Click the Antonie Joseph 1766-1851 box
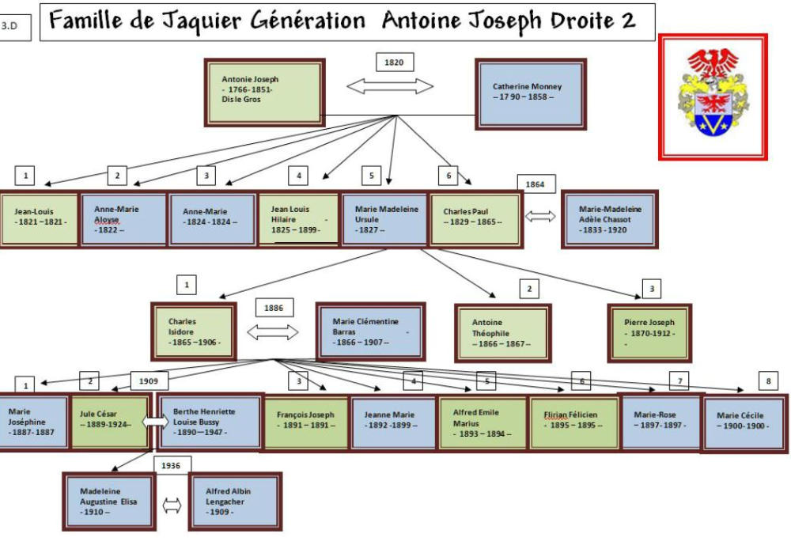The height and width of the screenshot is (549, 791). coord(264,92)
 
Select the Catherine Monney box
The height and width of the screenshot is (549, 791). coord(530,92)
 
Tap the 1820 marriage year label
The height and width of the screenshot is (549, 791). coord(394,62)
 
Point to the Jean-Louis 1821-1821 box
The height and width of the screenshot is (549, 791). coord(39,218)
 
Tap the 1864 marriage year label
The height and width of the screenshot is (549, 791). coord(536,184)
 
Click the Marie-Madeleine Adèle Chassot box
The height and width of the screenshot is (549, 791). coord(609,219)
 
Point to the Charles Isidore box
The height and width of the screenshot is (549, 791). coord(195,332)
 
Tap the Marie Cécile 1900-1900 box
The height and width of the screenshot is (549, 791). coord(743,425)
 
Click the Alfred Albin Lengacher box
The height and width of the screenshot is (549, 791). coord(235,502)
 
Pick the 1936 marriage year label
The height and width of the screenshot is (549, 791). coord(172,466)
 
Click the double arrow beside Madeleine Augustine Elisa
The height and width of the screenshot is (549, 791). coord(172,505)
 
